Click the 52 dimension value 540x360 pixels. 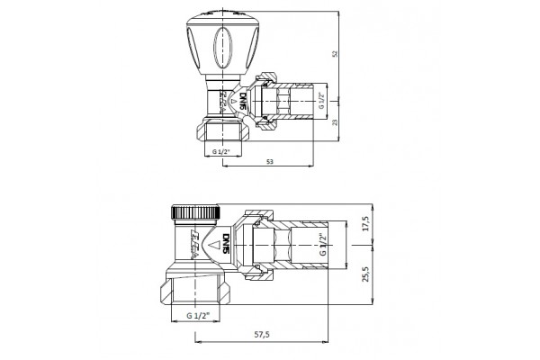pyautogui.click(x=335, y=55)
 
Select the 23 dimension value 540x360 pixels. pyautogui.click(x=335, y=121)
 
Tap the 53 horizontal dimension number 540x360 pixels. pyautogui.click(x=270, y=161)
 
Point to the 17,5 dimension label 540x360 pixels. pyautogui.click(x=364, y=222)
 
